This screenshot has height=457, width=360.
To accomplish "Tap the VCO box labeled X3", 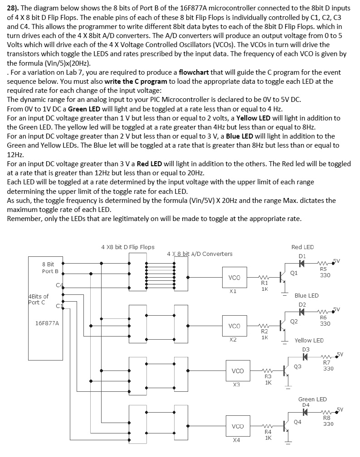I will tap(238, 371).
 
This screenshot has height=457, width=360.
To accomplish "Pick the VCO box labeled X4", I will tap(238, 426).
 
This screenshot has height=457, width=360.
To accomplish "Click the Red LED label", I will tap(302, 247).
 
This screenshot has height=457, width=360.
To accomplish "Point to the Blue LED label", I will tap(306, 295).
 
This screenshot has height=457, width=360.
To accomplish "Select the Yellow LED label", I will tap(309, 340).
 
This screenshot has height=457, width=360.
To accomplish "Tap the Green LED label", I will tap(312, 399).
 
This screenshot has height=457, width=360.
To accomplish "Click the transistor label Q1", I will tap(294, 273).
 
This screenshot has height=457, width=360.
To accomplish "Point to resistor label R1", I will tap(265, 283).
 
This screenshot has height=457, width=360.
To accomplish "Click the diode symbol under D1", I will tap(302, 264).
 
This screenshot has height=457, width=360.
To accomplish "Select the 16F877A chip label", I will tap(50, 323).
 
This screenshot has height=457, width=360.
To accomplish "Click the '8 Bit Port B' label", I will tap(50, 268).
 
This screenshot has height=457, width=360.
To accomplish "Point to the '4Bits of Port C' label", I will tap(38, 299).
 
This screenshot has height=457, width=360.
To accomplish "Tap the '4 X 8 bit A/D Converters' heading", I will tap(199, 254).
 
